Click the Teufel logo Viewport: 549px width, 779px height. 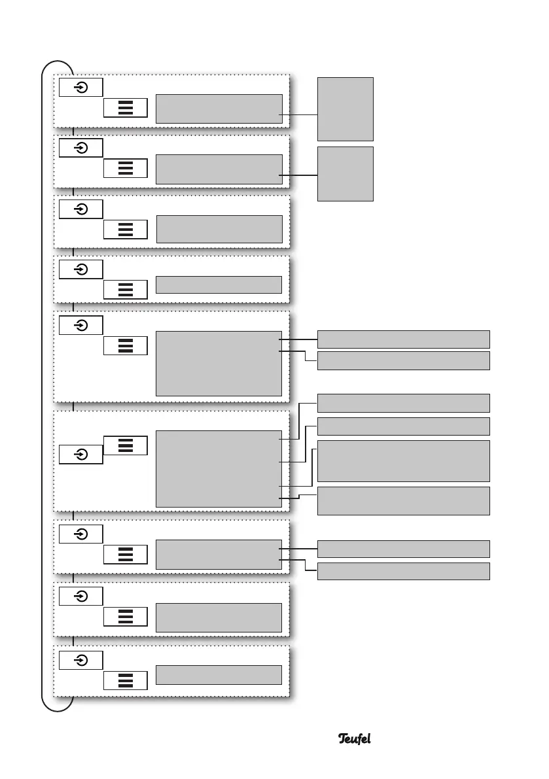[355, 738]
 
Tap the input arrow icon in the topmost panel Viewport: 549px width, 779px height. [80, 87]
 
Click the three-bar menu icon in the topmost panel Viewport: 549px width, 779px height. [126, 109]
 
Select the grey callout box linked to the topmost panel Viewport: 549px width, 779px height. [345, 109]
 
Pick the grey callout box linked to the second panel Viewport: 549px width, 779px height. [345, 174]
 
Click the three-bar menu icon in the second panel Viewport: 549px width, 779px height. [126, 168]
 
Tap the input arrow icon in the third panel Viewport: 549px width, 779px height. [80, 209]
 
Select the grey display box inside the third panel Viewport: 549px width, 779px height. [219, 229]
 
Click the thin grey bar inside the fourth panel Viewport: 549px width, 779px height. [219, 285]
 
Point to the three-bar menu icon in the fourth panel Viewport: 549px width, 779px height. [126, 290]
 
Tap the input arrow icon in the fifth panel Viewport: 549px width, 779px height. [80, 325]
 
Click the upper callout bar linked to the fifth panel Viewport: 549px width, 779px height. [403, 339]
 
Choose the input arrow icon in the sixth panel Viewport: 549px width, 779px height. [80, 454]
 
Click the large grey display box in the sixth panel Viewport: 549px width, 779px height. [219, 468]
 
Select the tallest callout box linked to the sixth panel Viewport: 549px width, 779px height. [403, 460]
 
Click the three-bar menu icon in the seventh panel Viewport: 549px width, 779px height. [126, 555]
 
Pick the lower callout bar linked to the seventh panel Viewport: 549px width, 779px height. [403, 571]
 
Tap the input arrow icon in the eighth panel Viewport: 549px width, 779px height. [80, 596]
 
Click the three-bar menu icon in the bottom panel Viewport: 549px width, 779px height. [126, 680]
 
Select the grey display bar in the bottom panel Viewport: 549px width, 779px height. [219, 674]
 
